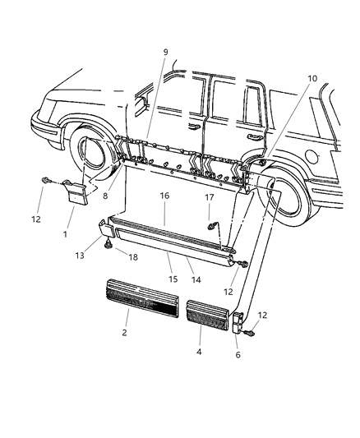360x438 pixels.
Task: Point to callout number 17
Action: pos(210,197)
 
